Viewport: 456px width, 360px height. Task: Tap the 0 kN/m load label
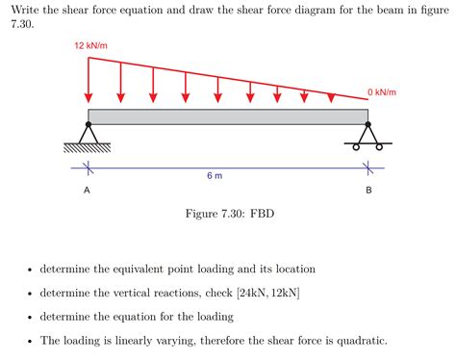pyautogui.click(x=381, y=91)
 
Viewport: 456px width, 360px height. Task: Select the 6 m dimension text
pyautogui.click(x=215, y=176)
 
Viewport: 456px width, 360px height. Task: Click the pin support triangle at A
pyautogui.click(x=89, y=135)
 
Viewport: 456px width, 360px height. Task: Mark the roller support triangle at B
pyautogui.click(x=367, y=135)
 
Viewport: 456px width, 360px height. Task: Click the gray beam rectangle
pyautogui.click(x=228, y=116)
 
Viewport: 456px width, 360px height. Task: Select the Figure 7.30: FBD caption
pyautogui.click(x=228, y=213)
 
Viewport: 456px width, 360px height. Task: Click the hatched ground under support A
pyautogui.click(x=88, y=148)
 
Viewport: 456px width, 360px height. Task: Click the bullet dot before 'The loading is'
pyautogui.click(x=31, y=341)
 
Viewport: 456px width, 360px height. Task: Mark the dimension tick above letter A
pyautogui.click(x=88, y=169)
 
